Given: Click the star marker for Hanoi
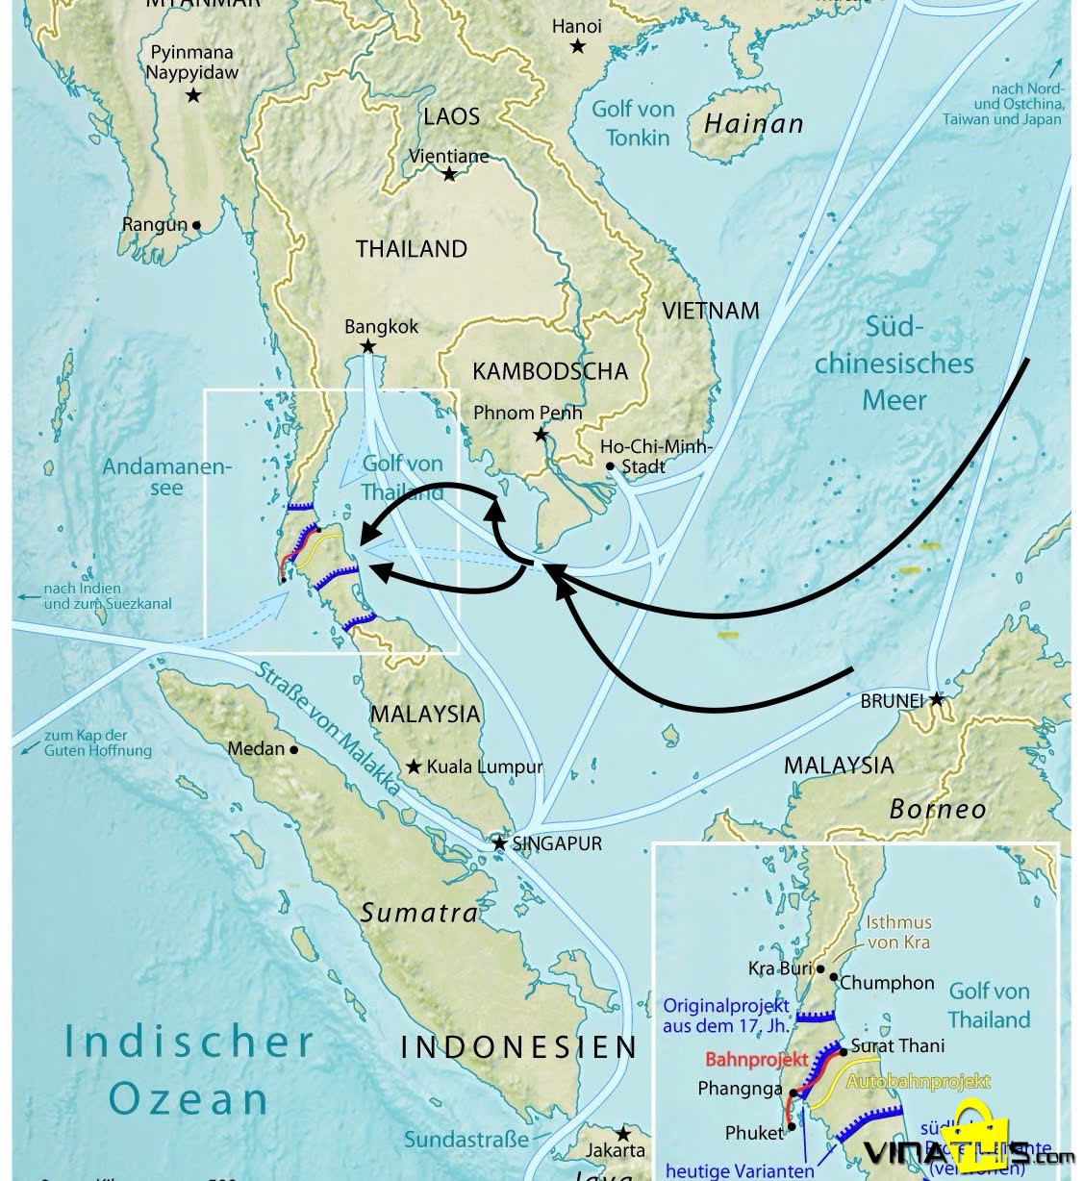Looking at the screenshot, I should [x=577, y=46].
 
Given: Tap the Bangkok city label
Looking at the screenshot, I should [x=381, y=327].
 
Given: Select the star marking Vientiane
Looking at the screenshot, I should [x=449, y=174].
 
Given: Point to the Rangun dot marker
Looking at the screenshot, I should [x=197, y=225].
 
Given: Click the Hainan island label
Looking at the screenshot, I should [x=753, y=123].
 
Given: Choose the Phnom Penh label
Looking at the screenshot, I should [x=527, y=413].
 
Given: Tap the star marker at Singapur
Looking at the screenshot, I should [x=499, y=843].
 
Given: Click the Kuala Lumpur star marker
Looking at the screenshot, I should [x=414, y=766].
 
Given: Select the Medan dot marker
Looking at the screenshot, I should [x=293, y=749].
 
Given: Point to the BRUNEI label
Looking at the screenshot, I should [x=892, y=701].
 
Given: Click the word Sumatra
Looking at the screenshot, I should [x=418, y=912].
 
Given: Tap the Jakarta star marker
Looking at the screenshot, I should [x=623, y=1134].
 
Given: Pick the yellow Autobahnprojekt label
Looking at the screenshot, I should [x=918, y=1081].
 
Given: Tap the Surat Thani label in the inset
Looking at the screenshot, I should [x=897, y=1045].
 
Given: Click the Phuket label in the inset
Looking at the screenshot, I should [x=755, y=1133].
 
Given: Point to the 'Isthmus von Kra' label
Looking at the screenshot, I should [x=898, y=932].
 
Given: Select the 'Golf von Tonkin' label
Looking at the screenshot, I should [x=633, y=123].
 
